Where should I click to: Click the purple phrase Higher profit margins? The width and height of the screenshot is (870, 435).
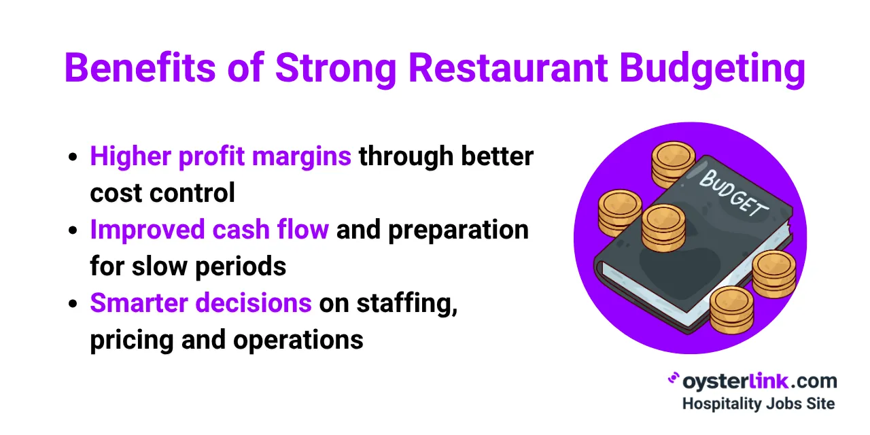pos(220,157)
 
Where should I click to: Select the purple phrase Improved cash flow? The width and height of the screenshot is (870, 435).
pos(209,230)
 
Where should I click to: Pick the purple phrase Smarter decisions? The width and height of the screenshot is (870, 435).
pos(201,303)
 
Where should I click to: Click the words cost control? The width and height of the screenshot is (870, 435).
pos(162,194)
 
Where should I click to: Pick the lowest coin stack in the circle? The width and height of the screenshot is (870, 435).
pos(731,309)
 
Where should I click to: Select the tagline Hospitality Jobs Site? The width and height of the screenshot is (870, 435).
pos(758,403)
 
